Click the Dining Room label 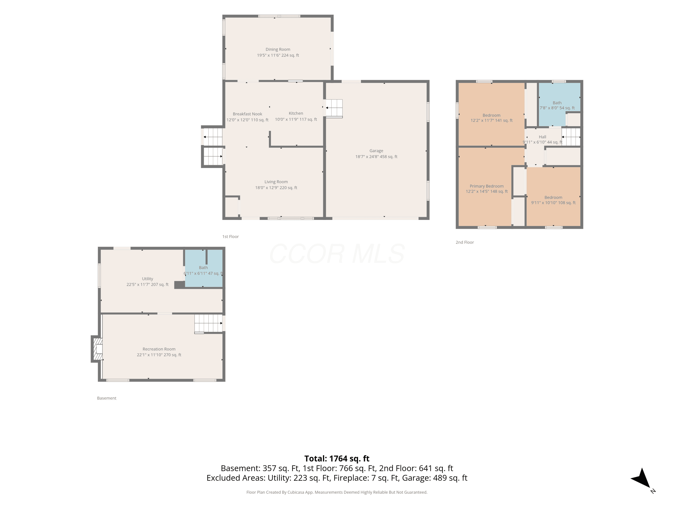point(278,49)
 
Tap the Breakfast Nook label point(247,114)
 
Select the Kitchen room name point(296,113)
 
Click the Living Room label point(276,182)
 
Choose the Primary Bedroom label point(487,186)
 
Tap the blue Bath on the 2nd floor point(559,104)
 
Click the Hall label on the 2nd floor point(542,137)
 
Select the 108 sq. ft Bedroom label point(553,197)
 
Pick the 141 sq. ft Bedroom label point(492,115)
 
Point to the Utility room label point(147,279)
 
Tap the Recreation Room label point(159,349)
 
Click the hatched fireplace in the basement point(97,349)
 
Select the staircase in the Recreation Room point(208,324)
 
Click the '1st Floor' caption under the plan point(230,237)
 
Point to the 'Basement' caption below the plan point(107,398)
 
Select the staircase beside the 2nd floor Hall point(571,137)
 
